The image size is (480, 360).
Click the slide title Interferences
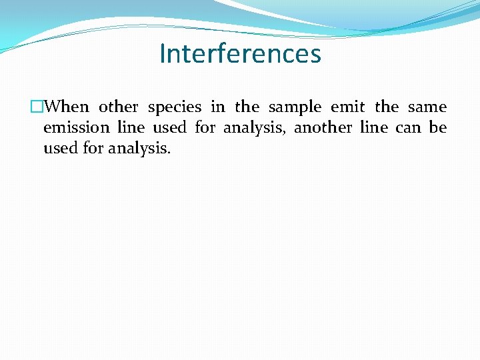point(240,53)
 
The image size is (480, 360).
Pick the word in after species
point(217,107)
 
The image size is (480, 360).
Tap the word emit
point(347,107)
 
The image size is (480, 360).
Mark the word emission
point(75,127)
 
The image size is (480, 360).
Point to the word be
point(438,127)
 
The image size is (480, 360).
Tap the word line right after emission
point(130,127)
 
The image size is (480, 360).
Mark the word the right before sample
point(247,107)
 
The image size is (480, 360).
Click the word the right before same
point(387,107)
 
